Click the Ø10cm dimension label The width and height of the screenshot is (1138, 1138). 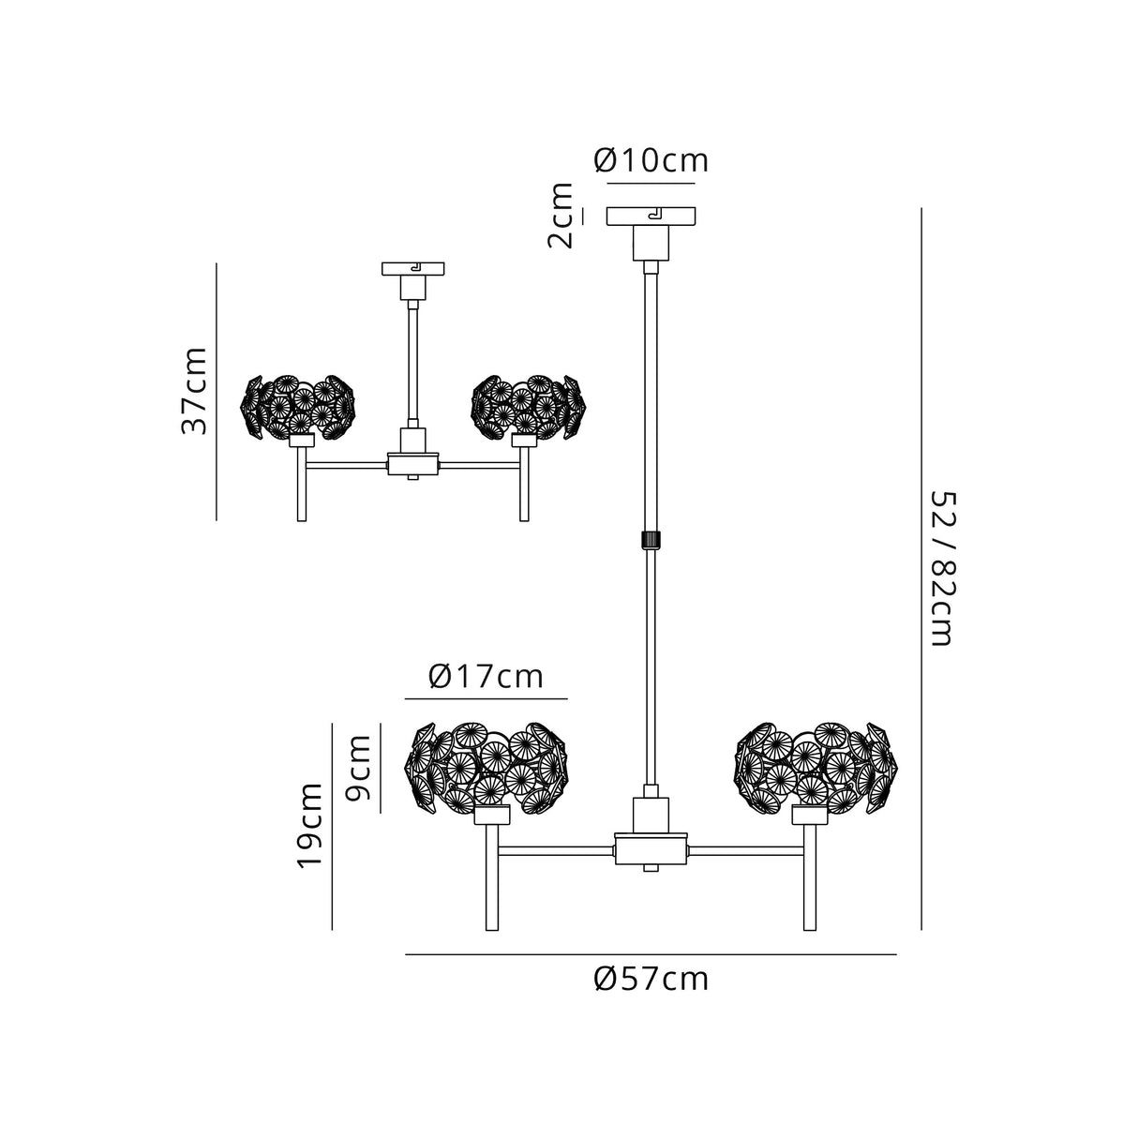[x=651, y=161]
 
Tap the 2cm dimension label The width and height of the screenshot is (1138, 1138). [x=562, y=216]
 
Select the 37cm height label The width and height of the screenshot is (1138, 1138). [x=194, y=391]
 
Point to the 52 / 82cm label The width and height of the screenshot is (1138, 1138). [x=940, y=568]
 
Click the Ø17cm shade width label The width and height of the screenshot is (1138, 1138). [x=487, y=676]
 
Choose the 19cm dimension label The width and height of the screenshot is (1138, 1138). [x=310, y=826]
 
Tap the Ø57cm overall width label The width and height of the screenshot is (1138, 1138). [x=651, y=980]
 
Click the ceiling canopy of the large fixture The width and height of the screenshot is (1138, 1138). [x=651, y=217]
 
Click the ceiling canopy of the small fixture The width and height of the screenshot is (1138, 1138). [x=412, y=269]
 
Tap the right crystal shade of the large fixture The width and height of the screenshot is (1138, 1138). [x=813, y=765]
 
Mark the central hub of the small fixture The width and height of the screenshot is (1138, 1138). [x=413, y=463]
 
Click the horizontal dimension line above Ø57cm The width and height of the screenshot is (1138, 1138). [x=651, y=954]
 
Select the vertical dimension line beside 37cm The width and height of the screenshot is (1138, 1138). [x=217, y=391]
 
